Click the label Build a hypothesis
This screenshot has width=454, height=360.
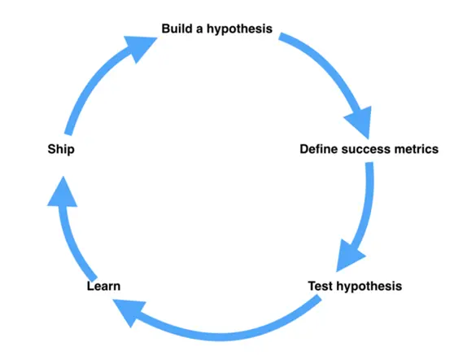point(217,29)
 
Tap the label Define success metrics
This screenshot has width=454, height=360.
point(369,149)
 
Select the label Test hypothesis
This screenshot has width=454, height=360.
point(355,287)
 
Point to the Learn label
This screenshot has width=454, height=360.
point(103,286)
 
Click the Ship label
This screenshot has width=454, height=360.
point(61,150)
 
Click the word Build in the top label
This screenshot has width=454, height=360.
point(177,29)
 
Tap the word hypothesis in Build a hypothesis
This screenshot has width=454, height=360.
point(239,29)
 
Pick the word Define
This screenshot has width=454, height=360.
point(319,149)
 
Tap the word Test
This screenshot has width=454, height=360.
point(321,286)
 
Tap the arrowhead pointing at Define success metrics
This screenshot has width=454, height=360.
point(360,121)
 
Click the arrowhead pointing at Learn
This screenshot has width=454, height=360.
point(129,311)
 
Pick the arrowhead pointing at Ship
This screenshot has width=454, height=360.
point(63,194)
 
